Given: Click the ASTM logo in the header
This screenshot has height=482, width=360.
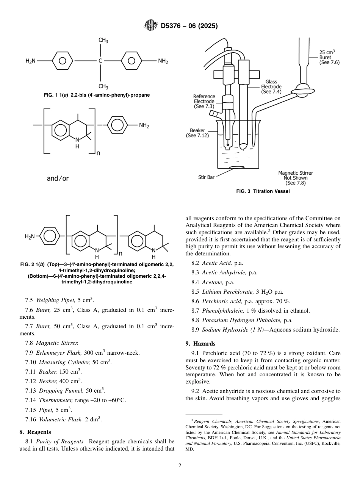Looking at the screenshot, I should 151,26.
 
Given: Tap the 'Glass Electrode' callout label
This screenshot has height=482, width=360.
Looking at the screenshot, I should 271,86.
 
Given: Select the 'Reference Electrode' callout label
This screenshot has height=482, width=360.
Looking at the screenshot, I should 204,102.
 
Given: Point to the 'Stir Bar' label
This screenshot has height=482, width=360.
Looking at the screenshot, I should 206,177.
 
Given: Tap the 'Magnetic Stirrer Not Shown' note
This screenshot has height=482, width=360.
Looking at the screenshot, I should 296,178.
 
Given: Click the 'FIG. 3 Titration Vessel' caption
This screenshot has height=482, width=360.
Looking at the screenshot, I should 263,191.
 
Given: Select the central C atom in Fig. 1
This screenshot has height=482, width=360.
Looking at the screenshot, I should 100,61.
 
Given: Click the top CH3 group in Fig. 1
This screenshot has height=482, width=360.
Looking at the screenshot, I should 103,40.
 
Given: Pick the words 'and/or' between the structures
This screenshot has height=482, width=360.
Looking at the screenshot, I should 58,178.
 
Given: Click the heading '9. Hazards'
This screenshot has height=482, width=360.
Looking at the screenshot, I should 200,344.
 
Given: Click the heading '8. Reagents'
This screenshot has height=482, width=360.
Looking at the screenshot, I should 35,432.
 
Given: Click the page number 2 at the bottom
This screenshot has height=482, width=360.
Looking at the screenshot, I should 180,466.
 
